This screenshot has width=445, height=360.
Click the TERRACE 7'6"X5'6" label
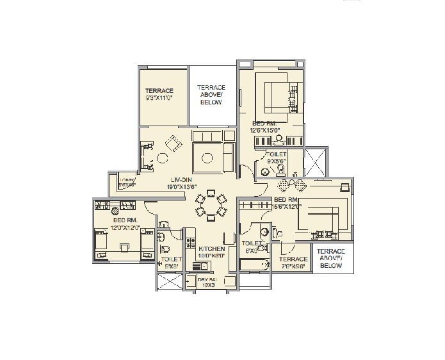(x=294, y=263)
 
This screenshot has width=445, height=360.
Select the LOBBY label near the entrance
(x=129, y=183)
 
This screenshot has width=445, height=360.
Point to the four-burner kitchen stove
(x=190, y=241)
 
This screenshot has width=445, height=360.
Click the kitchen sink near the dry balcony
(x=189, y=281)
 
